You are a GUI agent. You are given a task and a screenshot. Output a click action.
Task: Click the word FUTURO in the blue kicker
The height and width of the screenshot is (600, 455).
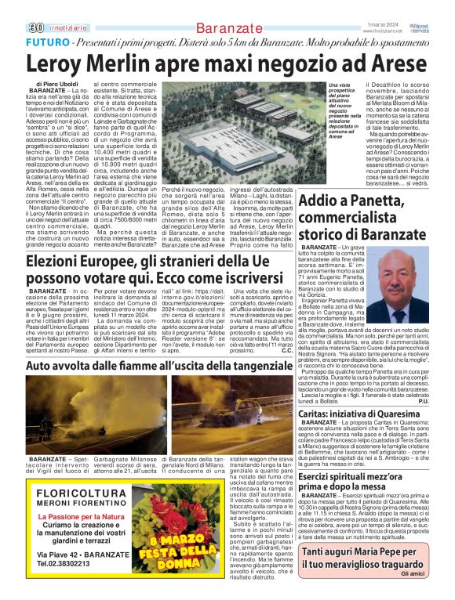[x=46, y=41]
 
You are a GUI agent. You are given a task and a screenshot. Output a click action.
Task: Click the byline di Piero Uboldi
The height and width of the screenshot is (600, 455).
[x=57, y=83]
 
